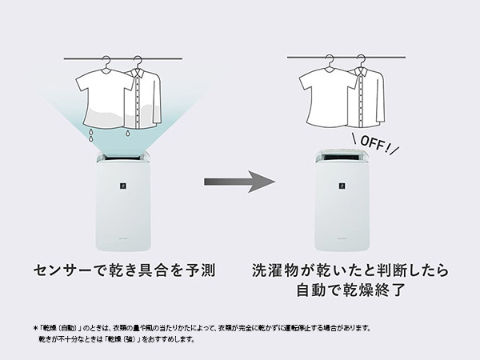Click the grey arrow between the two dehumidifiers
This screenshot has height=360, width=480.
click(x=239, y=182)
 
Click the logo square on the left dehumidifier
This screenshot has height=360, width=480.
click(x=123, y=186)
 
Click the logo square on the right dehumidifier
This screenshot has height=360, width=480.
click(x=342, y=186)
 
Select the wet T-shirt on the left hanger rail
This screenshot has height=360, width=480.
click(x=102, y=98)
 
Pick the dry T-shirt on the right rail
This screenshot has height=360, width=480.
click(x=326, y=98)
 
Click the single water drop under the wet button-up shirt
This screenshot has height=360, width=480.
click(x=127, y=134)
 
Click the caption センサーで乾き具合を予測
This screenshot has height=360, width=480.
click(x=125, y=270)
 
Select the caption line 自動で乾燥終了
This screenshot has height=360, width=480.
click(x=351, y=290)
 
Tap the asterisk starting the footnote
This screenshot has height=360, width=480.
click(x=35, y=329)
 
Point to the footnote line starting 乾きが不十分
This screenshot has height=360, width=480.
click(x=116, y=339)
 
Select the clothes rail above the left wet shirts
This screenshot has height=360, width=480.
click(x=123, y=58)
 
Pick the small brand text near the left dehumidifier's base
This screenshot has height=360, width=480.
click(x=123, y=238)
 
